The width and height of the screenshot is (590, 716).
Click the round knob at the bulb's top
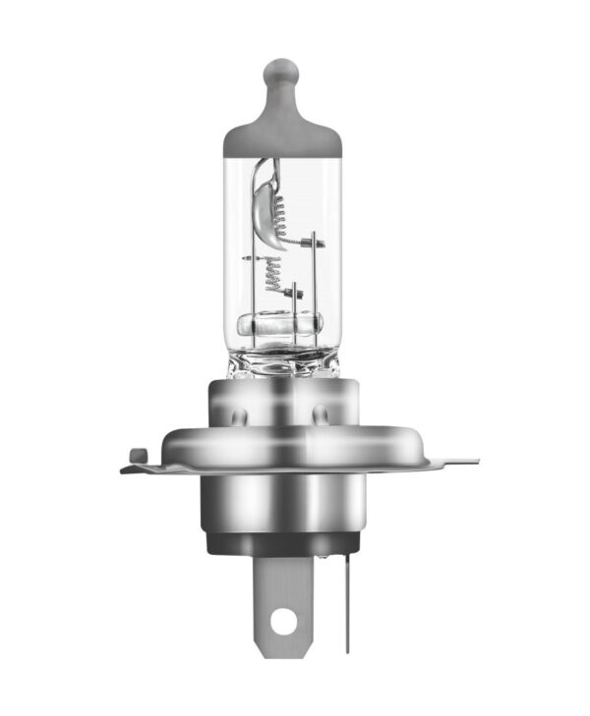[281, 74]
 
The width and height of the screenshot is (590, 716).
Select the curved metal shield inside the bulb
[264, 197]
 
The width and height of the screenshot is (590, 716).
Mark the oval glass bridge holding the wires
[280, 325]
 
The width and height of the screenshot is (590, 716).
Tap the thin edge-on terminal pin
[346, 599]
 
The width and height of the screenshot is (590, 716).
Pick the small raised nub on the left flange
[139, 453]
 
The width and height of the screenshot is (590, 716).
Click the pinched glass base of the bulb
[281, 364]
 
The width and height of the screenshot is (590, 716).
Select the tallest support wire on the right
[312, 285]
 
